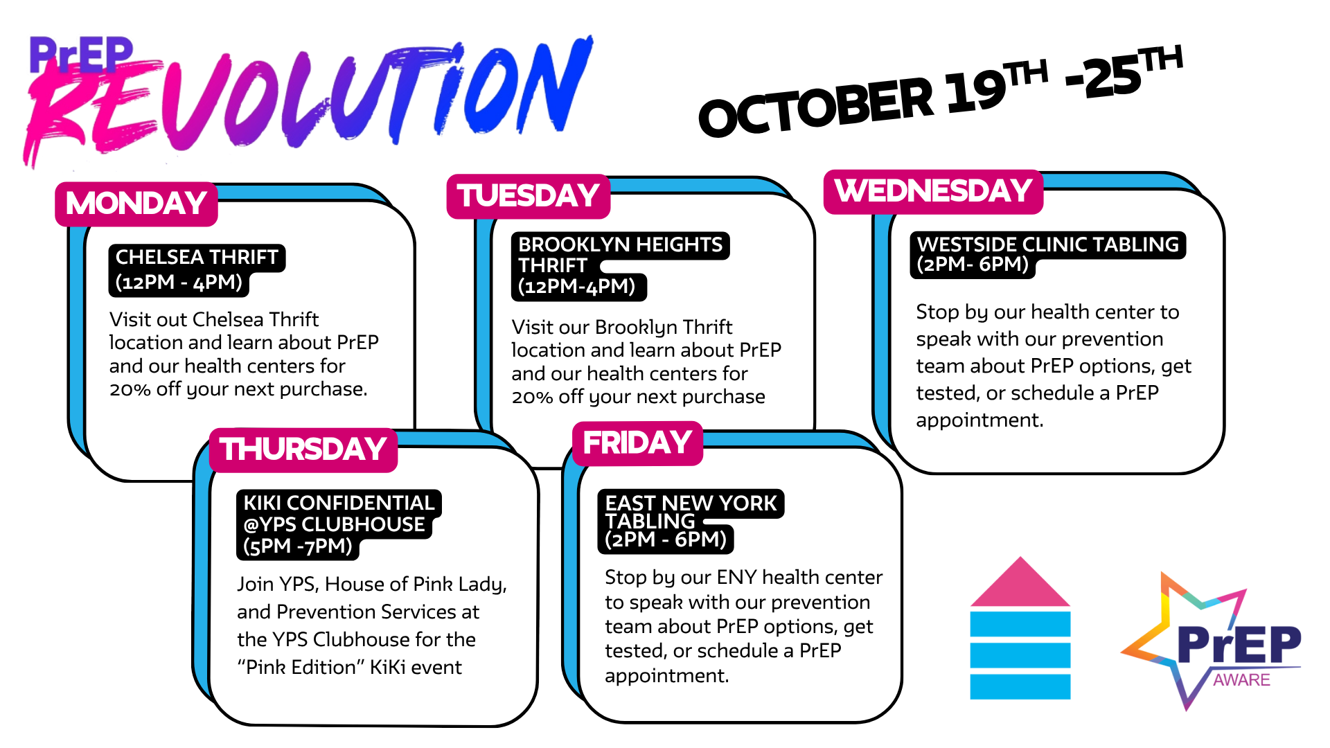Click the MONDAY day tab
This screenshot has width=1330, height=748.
pyautogui.click(x=136, y=204)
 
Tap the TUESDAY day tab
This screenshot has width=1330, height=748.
pyautogui.click(x=528, y=196)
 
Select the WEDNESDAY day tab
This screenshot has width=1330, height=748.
pyautogui.click(x=933, y=191)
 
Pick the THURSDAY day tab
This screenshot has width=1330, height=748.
pyautogui.click(x=303, y=449)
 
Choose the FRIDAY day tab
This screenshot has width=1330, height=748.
pyautogui.click(x=637, y=443)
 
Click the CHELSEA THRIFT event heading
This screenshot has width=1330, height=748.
pyautogui.click(x=197, y=257)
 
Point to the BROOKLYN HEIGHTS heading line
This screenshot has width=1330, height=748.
pyautogui.click(x=621, y=244)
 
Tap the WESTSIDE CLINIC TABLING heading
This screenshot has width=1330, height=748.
pyautogui.click(x=1047, y=244)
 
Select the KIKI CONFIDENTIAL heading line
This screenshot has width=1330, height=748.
pyautogui.click(x=339, y=503)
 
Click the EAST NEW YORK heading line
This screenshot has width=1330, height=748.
pyautogui.click(x=691, y=503)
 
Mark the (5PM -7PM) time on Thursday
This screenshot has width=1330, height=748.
pyautogui.click(x=298, y=546)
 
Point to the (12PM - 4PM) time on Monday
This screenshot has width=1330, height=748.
pyautogui.click(x=179, y=283)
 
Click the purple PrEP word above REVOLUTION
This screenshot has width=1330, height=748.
pyautogui.click(x=81, y=55)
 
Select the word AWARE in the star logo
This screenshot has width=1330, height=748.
pyautogui.click(x=1241, y=680)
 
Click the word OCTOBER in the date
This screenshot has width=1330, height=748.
pyautogui.click(x=816, y=106)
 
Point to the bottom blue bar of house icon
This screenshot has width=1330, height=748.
pyautogui.click(x=1020, y=686)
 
